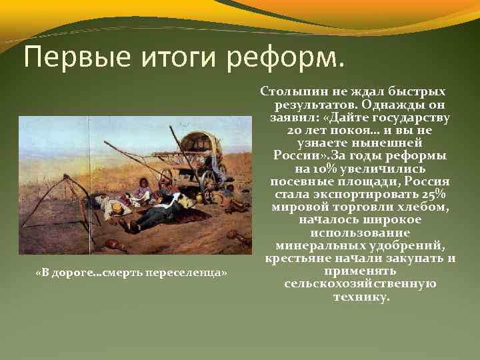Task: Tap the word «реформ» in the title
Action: (x=286, y=58)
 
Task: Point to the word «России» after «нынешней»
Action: (x=297, y=156)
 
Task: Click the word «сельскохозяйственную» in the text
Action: (x=359, y=284)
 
